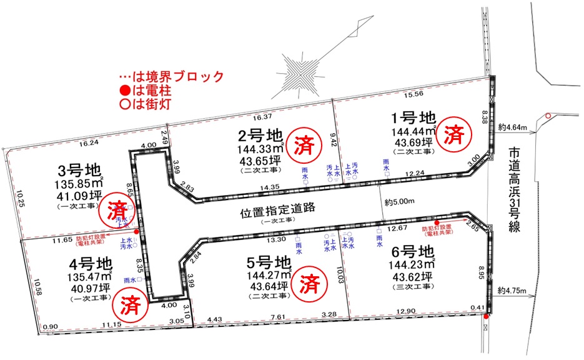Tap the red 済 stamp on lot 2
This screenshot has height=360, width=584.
pos(304,142)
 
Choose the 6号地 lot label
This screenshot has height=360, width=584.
pos(410,253)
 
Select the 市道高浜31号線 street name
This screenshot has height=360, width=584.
pos(514,188)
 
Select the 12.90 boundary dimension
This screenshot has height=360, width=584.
pos(406,311)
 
